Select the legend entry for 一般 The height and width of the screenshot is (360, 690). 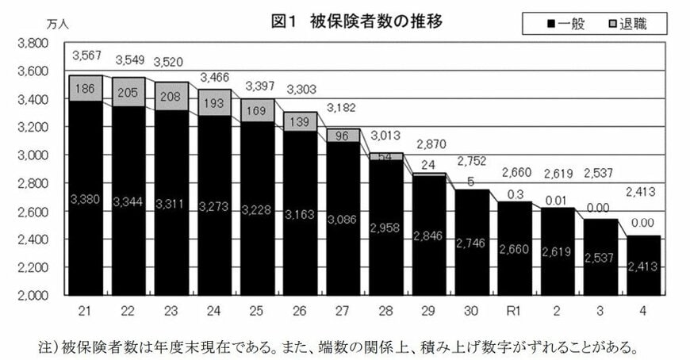(x=565, y=24)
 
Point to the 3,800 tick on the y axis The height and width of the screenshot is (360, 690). (x=33, y=43)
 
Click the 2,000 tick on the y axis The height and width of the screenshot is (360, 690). (x=33, y=295)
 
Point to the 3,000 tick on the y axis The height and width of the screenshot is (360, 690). (x=33, y=155)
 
